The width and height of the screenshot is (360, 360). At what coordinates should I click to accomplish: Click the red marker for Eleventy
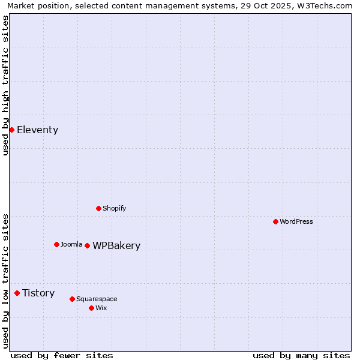pos(11,130)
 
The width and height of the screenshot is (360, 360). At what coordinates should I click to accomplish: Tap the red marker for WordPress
pos(275,221)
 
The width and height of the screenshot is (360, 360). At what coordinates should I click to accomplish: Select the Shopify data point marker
pos(98,208)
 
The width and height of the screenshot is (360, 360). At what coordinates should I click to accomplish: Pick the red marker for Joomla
pos(56,244)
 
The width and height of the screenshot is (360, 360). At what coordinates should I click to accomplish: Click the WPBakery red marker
pos(87,245)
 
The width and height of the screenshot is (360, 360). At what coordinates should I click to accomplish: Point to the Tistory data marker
pos(17,293)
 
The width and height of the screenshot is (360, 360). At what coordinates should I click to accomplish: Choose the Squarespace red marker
pos(72,299)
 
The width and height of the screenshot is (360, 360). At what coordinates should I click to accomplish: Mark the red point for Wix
pos(91,308)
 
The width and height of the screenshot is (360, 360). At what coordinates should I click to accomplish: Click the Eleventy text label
pos(37,130)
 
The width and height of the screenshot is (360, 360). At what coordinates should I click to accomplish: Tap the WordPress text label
pos(296,221)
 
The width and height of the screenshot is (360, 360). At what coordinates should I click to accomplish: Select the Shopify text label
pos(114,208)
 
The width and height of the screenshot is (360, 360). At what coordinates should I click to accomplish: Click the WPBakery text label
pos(116,246)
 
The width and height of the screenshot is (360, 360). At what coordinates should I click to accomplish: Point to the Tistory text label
pos(38,293)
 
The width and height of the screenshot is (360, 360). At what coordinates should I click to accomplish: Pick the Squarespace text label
pos(97,299)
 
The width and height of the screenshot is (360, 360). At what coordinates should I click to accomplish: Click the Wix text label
pos(101,308)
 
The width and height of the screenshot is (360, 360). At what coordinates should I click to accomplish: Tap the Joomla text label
pos(71,244)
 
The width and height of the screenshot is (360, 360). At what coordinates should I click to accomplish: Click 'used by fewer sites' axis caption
pos(62,355)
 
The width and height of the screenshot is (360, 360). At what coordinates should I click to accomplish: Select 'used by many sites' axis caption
pos(301,355)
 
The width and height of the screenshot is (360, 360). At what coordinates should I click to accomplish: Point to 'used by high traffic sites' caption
pos(6,85)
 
